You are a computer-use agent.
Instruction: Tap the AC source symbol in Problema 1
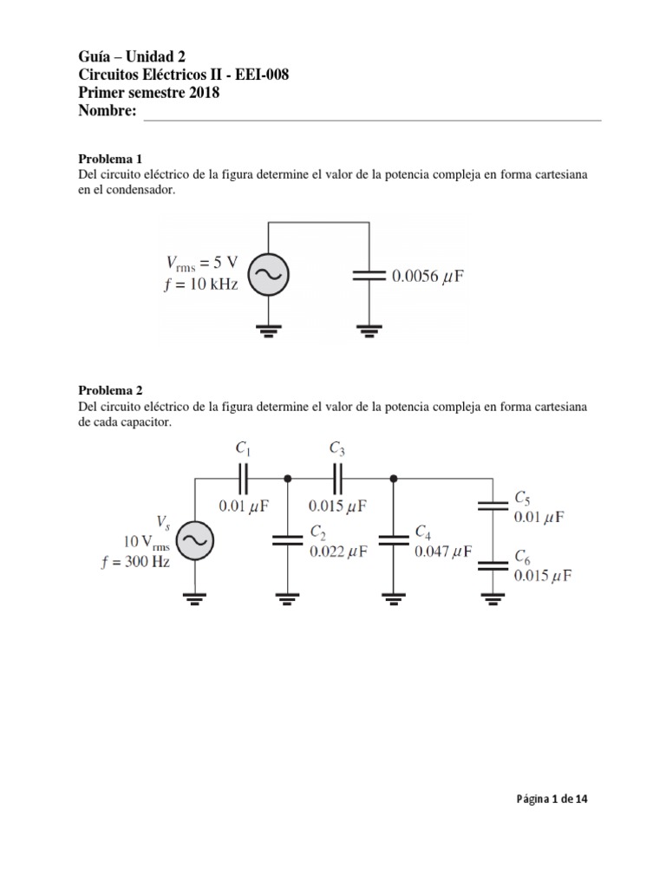pyautogui.click(x=269, y=275)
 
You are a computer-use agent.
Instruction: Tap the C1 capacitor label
pyautogui.click(x=244, y=448)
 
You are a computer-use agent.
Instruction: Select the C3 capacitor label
pyautogui.click(x=337, y=448)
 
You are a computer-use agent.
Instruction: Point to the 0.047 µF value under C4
pyautogui.click(x=444, y=551)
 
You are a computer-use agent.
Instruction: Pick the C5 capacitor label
pyautogui.click(x=522, y=498)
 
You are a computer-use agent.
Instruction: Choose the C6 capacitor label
pyautogui.click(x=522, y=557)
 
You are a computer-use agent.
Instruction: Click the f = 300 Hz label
pyautogui.click(x=134, y=559)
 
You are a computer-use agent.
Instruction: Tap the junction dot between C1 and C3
pyautogui.click(x=287, y=478)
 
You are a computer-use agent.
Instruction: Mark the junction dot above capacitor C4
pyautogui.click(x=394, y=478)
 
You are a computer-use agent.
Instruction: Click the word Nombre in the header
pyautogui.click(x=108, y=111)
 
